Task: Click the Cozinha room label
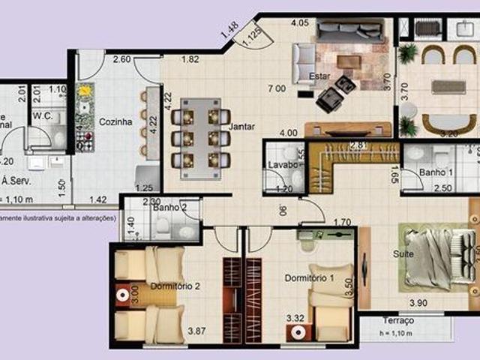pos(115,121)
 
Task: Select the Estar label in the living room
pos(319,76)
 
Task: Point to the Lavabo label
pos(280,165)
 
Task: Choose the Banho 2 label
pos(169,208)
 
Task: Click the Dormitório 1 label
pos(308,278)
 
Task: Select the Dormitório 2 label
pos(174,286)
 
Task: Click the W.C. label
pos(42,116)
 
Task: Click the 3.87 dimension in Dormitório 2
pos(197,331)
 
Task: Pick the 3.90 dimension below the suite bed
pos(419,302)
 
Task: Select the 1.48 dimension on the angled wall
pos(229,30)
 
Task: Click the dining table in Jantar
pos(200,133)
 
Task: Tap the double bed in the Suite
pos(435,255)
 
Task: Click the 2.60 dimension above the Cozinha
pos(122,59)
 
